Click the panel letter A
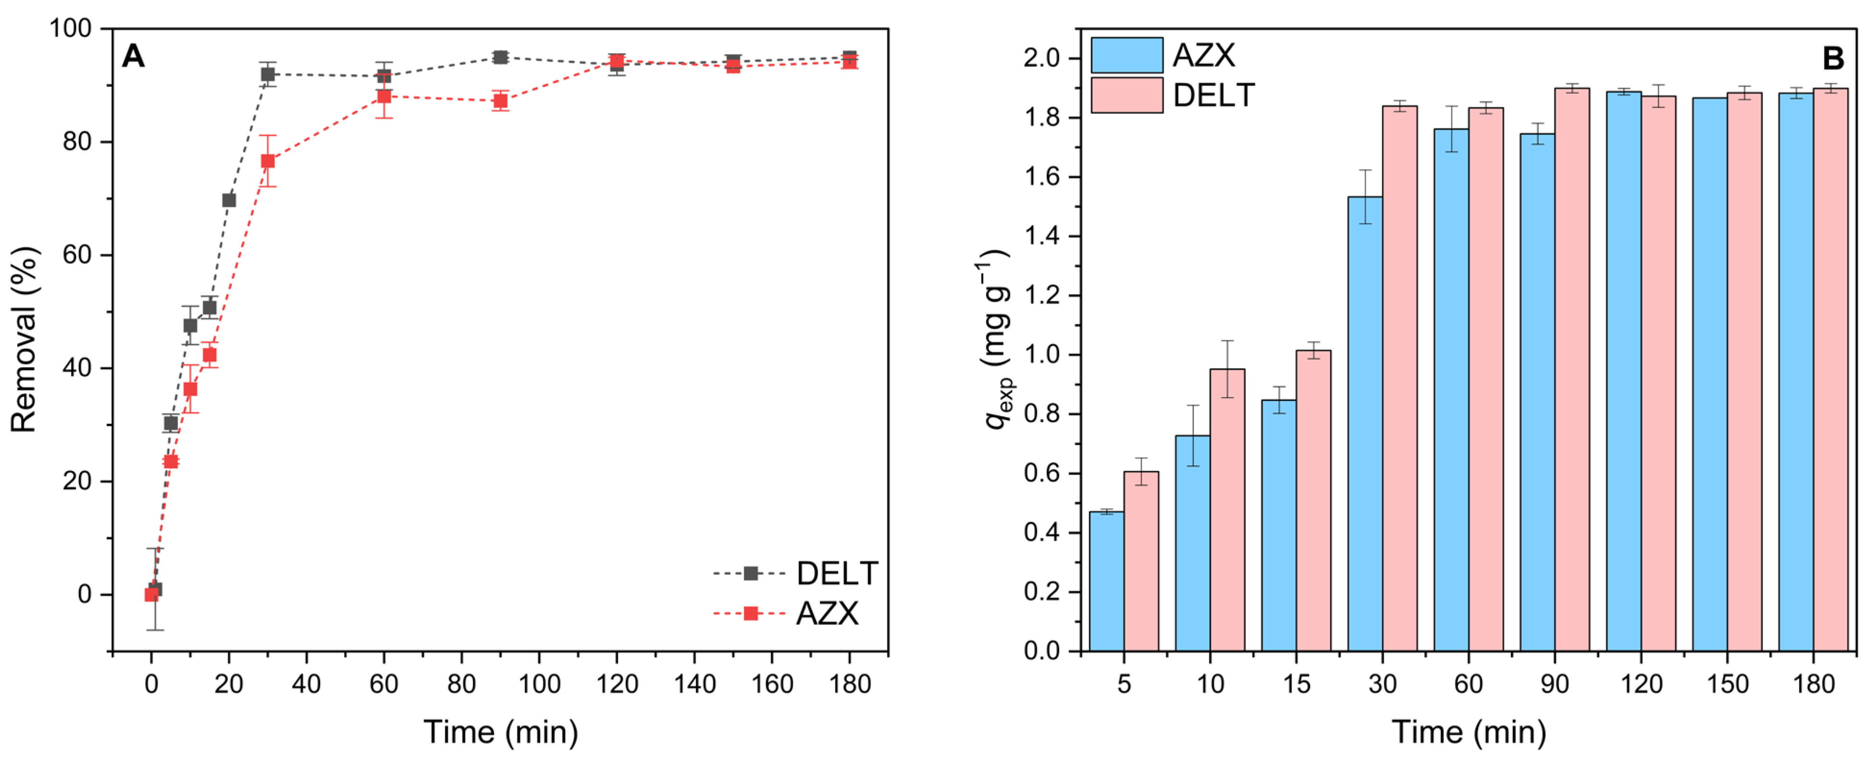[133, 56]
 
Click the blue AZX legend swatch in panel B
[1126, 55]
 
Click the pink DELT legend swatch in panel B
[1126, 95]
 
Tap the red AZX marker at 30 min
[268, 161]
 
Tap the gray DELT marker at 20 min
[229, 200]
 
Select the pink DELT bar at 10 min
[1227, 509]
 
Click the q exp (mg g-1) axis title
[997, 339]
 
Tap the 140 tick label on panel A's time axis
[694, 684]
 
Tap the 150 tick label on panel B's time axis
[1727, 684]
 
